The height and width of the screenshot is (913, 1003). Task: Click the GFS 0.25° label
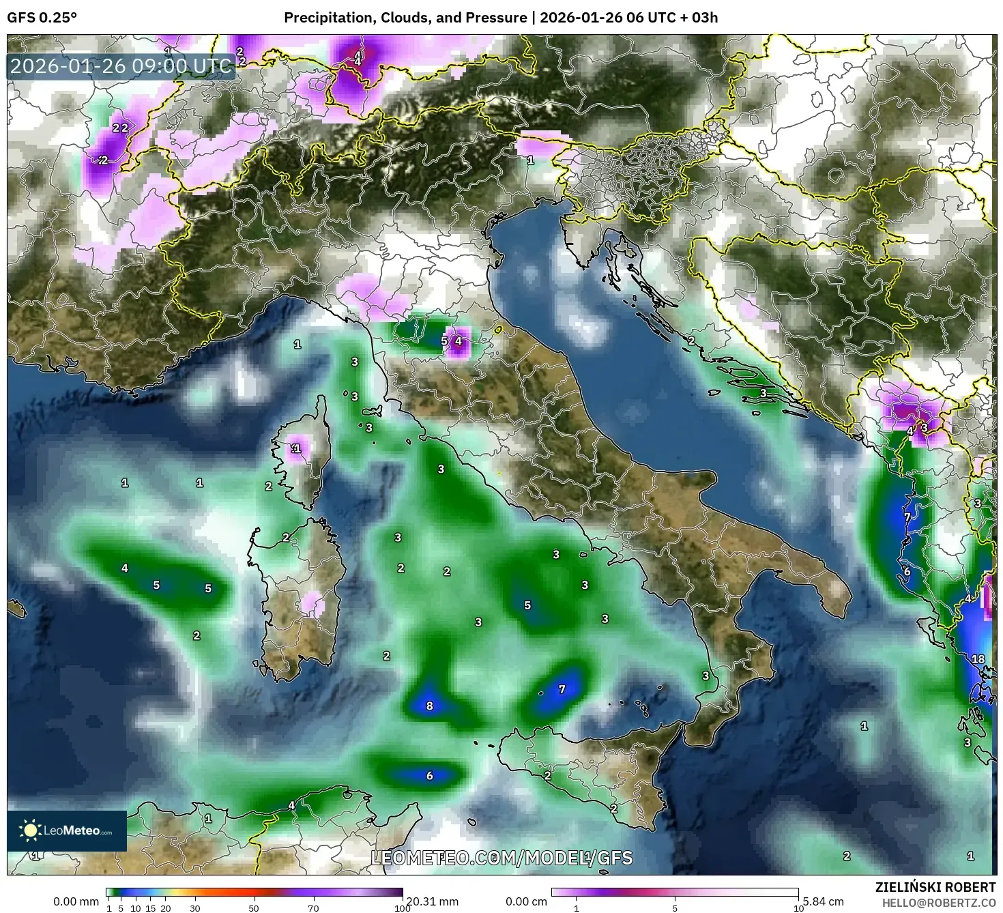[x=42, y=18]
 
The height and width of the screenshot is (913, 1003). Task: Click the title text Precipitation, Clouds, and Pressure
[x=405, y=18]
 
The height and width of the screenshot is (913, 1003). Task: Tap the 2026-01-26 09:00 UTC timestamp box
[x=121, y=66]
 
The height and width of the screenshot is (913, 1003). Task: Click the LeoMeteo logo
[x=67, y=830]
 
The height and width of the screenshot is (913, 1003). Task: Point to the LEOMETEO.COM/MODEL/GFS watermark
[x=501, y=858]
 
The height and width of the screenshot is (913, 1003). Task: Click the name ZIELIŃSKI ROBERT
[x=935, y=886]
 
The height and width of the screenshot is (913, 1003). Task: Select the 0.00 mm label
[x=76, y=901]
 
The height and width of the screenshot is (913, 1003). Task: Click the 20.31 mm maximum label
[x=432, y=901]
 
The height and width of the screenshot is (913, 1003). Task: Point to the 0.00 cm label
[x=526, y=901]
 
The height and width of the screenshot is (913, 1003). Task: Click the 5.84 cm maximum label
[x=823, y=901]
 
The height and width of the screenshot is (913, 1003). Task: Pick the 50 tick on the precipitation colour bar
[x=254, y=908]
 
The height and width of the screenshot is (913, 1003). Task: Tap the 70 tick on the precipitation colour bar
[x=313, y=908]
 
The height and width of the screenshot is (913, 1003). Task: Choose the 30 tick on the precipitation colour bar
[x=195, y=908]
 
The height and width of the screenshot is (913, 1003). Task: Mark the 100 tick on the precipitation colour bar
[x=403, y=908]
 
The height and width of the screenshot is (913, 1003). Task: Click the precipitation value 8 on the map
[x=429, y=706]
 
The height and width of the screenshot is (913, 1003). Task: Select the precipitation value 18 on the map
[x=978, y=658]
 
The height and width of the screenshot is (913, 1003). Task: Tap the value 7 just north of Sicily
[x=562, y=689]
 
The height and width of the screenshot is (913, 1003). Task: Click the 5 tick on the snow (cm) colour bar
[x=675, y=908]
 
